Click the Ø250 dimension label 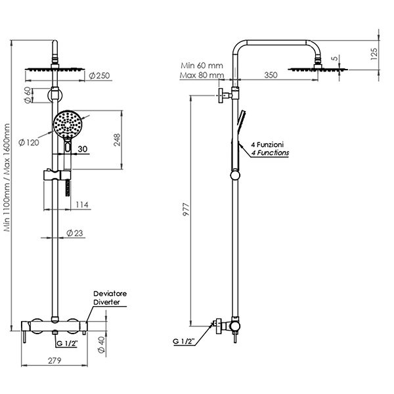click(100, 76)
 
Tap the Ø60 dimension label click(28, 95)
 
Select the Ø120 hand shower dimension click(29, 142)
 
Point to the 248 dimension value click(117, 140)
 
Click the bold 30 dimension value click(83, 149)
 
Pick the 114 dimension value click(82, 205)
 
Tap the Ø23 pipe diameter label click(75, 233)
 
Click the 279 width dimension click(55, 361)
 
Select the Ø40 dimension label click(101, 345)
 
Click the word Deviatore click(110, 294)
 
